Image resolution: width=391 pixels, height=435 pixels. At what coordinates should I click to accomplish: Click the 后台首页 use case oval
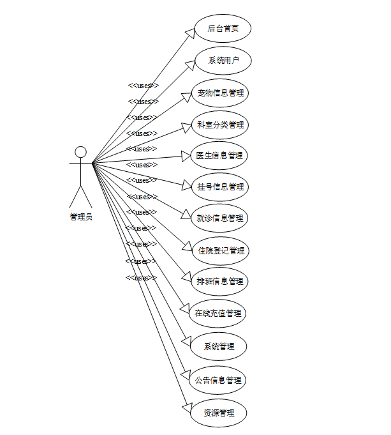pos(223,29)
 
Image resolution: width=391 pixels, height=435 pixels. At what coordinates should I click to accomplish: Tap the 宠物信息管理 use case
pos(220,93)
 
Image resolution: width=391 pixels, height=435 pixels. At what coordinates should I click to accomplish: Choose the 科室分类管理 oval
pos(220,125)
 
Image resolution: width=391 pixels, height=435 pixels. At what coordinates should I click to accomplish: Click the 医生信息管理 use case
pos(219,155)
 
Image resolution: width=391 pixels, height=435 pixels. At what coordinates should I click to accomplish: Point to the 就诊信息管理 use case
pos(219,218)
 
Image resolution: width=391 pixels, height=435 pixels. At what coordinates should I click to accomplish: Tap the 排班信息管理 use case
pos(220,281)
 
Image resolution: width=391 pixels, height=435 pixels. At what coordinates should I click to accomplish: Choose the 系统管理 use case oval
pos(219,346)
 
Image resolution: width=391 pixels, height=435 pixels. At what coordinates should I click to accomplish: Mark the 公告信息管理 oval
pos(219,380)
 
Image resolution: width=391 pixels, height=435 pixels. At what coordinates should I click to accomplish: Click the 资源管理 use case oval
pos(219,413)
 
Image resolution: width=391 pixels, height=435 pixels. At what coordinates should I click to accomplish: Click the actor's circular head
pos(80,152)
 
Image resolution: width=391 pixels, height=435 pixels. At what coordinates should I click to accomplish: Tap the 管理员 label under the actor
pos(80,217)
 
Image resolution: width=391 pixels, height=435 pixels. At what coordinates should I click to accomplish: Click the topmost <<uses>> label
pos(143,86)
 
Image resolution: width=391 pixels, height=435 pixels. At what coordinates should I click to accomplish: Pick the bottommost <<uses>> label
pos(141,278)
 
